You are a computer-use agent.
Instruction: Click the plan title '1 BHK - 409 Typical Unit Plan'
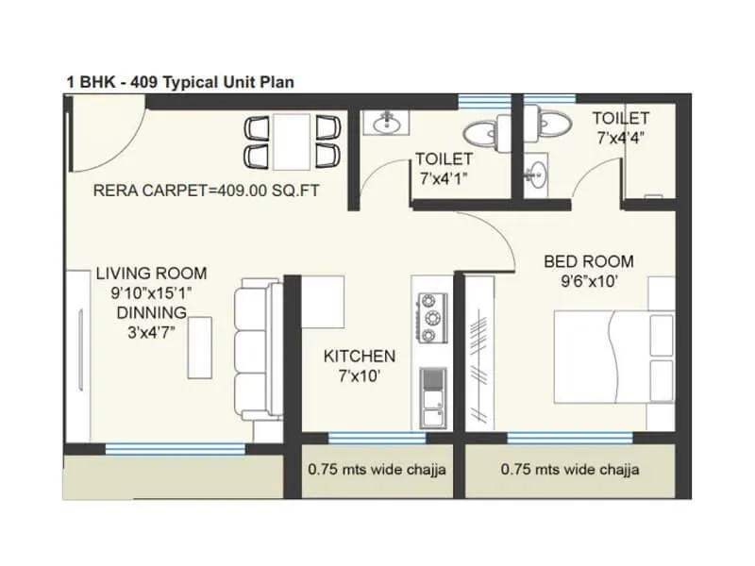(x=179, y=82)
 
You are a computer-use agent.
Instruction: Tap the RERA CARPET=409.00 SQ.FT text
(x=207, y=190)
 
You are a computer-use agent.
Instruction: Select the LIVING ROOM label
(x=151, y=274)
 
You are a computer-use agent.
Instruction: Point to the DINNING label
(x=151, y=311)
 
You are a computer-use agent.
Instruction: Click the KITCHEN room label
(x=359, y=356)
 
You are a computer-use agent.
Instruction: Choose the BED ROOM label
(x=588, y=261)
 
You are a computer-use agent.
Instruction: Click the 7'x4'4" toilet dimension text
(x=620, y=138)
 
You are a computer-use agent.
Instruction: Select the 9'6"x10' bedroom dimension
(x=588, y=280)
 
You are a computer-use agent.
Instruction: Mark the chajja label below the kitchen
(x=377, y=469)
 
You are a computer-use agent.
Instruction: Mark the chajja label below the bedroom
(x=570, y=469)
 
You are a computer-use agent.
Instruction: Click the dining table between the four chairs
(x=286, y=141)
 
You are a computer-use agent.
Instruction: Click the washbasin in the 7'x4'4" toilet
(x=538, y=172)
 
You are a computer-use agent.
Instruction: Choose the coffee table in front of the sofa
(x=198, y=346)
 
